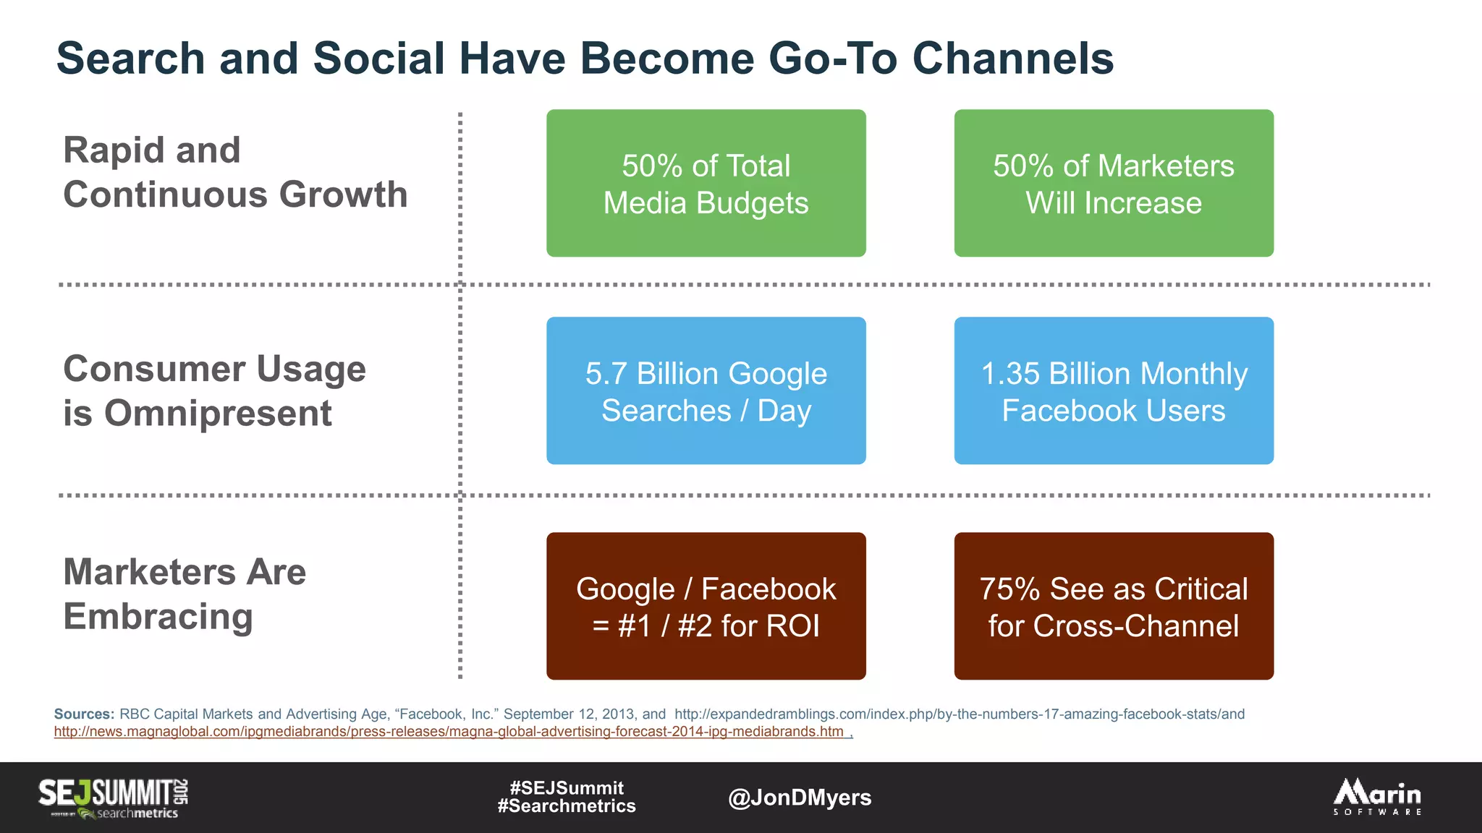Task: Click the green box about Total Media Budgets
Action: click(706, 184)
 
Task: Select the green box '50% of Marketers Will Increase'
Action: click(1113, 184)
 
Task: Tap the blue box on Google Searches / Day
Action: click(706, 391)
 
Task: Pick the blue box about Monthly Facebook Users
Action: click(1113, 391)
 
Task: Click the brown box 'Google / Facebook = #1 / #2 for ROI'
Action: click(706, 607)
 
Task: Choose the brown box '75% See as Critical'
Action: click(1113, 607)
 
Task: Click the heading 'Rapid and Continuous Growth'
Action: click(235, 172)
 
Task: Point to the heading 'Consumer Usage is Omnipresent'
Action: click(214, 391)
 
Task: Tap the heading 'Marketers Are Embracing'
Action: click(185, 594)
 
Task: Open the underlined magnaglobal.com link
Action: click(449, 732)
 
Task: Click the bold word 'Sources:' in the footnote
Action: click(84, 714)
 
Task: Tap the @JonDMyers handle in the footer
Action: click(800, 798)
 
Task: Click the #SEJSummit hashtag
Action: click(567, 787)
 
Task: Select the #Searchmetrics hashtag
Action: click(567, 806)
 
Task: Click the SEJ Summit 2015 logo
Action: click(114, 797)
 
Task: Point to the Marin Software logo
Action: click(1377, 797)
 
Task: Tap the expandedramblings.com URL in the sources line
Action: click(959, 714)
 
